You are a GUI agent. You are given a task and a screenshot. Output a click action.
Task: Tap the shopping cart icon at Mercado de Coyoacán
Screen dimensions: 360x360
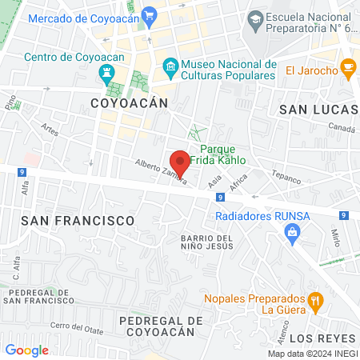[x=149, y=14]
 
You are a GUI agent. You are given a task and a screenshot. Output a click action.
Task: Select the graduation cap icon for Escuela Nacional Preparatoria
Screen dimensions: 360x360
[x=255, y=18]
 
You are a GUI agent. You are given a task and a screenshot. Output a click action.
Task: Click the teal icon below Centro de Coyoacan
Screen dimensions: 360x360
[x=106, y=73]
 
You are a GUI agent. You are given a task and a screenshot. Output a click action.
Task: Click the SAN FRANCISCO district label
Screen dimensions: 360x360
[x=77, y=218]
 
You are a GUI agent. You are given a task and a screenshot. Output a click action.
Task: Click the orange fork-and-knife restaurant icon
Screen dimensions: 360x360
[x=317, y=303]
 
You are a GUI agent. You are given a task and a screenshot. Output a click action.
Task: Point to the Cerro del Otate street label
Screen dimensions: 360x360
[x=78, y=326]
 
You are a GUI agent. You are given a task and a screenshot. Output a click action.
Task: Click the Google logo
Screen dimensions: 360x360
[x=26, y=350]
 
